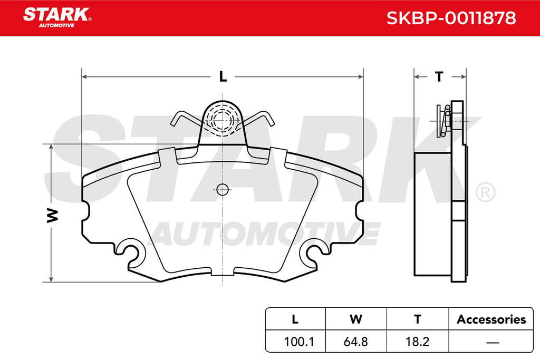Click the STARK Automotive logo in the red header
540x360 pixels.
click(57, 17)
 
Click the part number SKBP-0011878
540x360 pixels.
click(451, 18)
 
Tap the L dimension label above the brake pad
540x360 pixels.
click(223, 76)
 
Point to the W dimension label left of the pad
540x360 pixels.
click(53, 215)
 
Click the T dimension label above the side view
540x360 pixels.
click(439, 76)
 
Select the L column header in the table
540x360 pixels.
click(295, 319)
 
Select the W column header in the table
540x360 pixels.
click(356, 319)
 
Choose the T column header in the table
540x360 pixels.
click(418, 319)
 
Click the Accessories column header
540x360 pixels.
click(491, 319)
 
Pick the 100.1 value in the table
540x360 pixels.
click(298, 342)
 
